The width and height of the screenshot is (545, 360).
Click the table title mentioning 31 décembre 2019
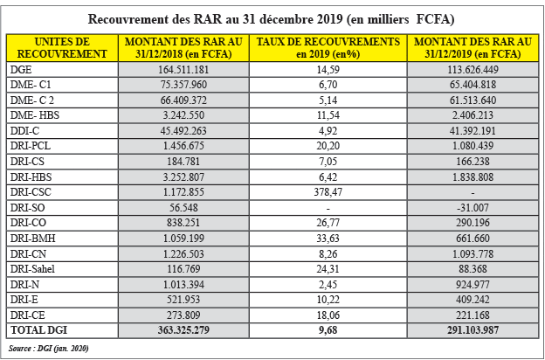271,19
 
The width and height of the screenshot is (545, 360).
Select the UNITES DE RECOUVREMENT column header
62,48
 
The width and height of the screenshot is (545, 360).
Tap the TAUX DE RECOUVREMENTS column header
328,48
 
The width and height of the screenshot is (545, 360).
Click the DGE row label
21,70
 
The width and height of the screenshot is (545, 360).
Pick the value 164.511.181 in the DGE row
183,70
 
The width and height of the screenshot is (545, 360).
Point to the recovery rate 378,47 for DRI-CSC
328,192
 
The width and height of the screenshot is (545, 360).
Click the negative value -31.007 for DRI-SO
473,208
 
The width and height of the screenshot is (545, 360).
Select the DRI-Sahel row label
32,269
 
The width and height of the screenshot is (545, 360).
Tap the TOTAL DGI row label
38,330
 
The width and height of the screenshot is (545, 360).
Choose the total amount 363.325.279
183,330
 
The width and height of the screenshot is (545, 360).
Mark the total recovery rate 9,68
328,330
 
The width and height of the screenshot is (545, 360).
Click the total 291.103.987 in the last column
473,330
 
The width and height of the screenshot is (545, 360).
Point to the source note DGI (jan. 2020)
48,348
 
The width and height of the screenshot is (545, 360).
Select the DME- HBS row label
35,115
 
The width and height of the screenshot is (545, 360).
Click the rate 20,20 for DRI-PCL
328,146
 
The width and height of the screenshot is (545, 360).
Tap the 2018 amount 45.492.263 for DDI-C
183,131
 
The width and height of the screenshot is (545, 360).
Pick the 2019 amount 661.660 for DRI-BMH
473,239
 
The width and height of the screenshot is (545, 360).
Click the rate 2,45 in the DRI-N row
328,285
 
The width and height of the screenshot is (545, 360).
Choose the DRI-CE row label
27,315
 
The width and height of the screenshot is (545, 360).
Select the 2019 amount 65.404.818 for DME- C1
473,85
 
